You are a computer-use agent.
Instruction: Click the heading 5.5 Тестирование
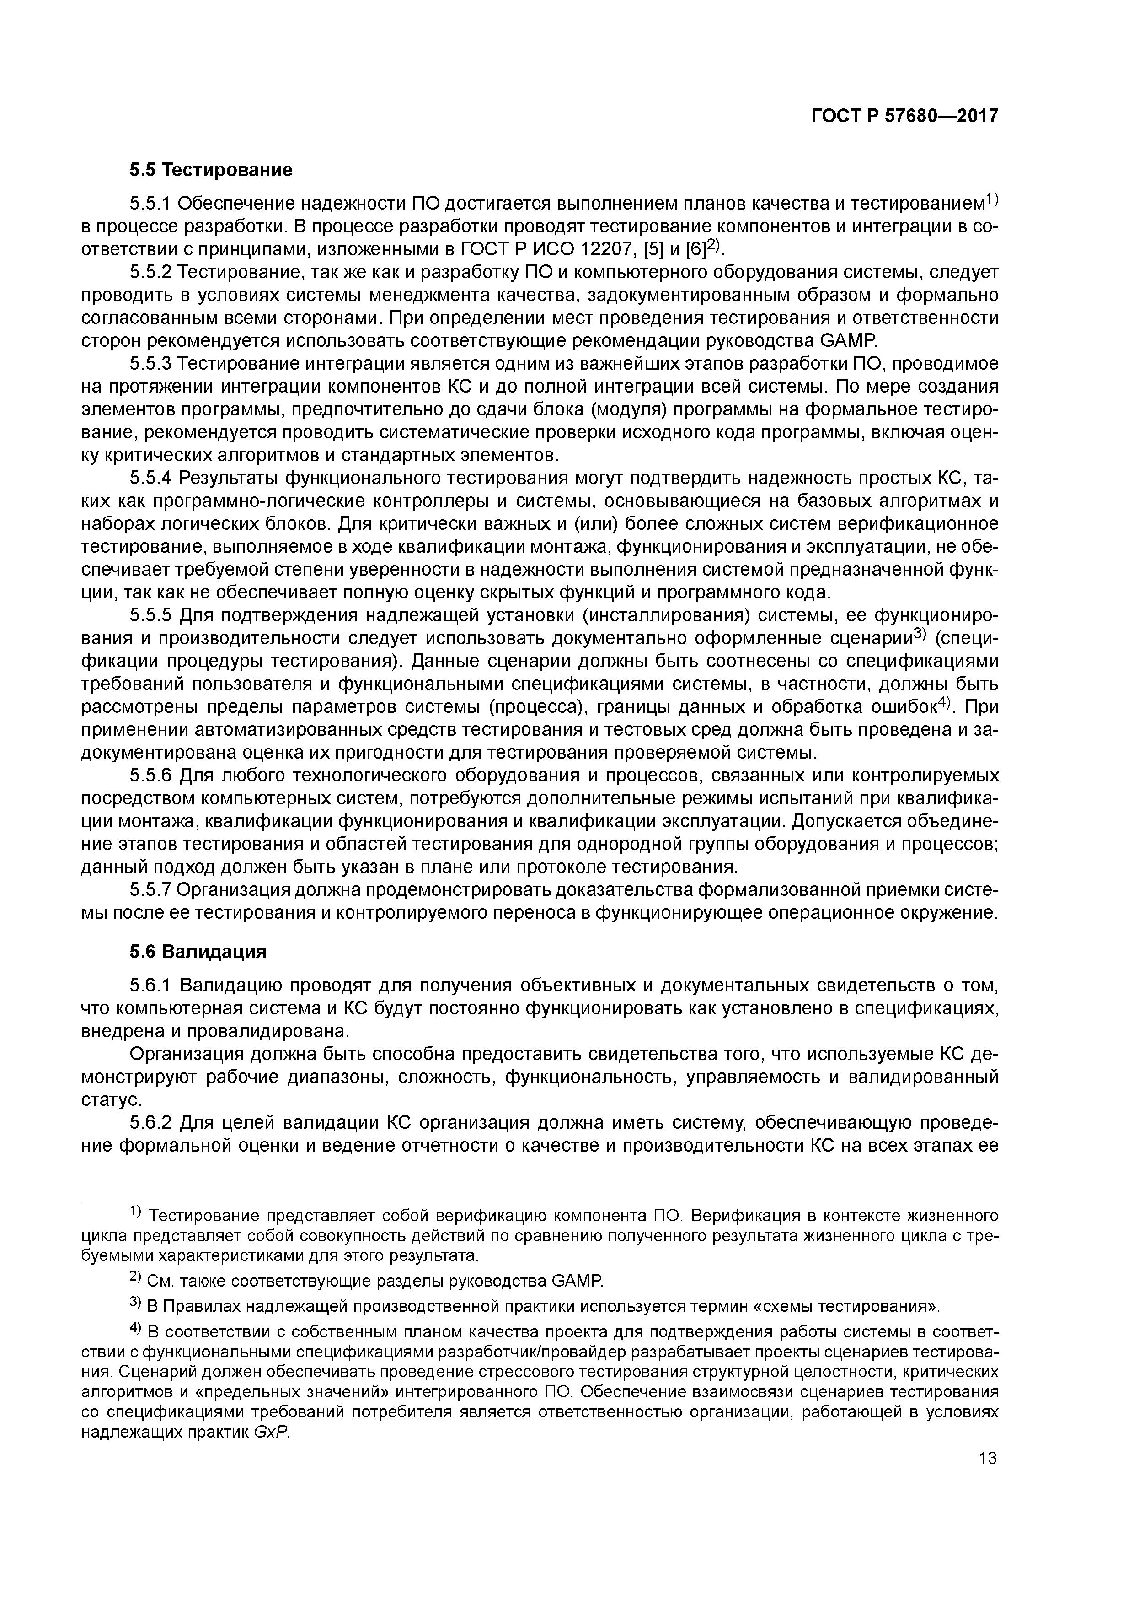tap(210, 170)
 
